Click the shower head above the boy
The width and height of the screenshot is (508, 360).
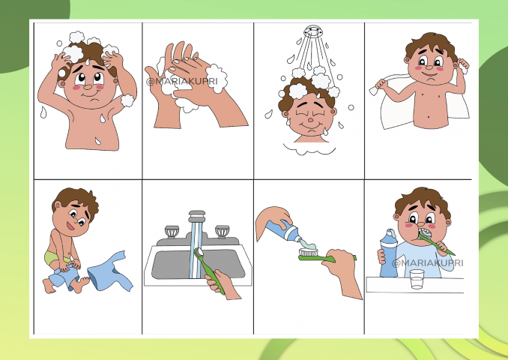[312, 31]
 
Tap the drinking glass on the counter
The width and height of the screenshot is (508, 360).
[417, 279]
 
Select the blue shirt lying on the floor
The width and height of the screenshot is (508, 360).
[110, 271]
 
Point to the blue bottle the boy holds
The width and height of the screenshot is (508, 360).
[388, 253]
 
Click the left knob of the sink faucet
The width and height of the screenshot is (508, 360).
[172, 232]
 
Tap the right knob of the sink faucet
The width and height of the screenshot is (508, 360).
[223, 231]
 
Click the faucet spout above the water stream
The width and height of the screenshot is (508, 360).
[197, 217]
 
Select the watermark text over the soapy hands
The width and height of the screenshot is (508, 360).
[182, 81]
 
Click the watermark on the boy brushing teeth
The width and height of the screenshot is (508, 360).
[428, 262]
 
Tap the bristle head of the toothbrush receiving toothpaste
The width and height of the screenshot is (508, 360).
[309, 252]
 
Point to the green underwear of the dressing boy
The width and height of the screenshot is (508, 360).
[55, 257]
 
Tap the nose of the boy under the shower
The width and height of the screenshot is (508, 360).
[310, 120]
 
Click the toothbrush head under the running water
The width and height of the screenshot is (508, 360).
[199, 252]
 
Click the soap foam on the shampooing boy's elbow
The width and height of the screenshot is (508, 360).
[127, 100]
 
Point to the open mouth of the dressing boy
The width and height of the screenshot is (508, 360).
[70, 226]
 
